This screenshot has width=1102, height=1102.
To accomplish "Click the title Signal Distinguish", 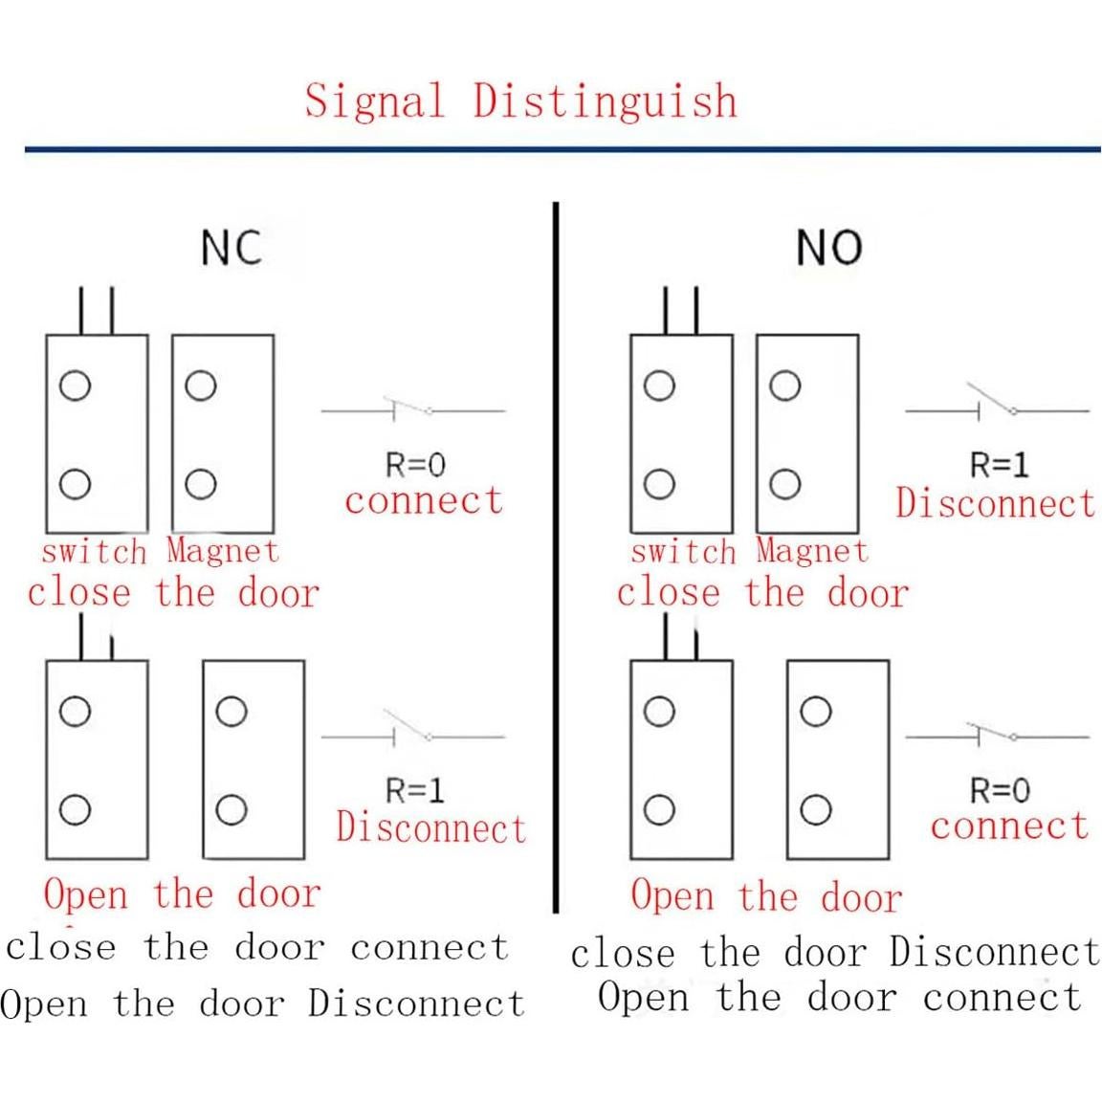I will pos(521,100).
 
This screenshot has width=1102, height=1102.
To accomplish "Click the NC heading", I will pos(231,248).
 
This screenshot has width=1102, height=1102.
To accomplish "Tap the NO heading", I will pos(828,249).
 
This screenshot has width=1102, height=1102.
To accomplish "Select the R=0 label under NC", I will pos(414,466).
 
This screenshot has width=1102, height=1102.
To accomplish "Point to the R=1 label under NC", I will pos(414,791).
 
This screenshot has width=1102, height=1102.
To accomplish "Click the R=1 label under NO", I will pos(999,466).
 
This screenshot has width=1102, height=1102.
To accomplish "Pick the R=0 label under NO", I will pos(999,791).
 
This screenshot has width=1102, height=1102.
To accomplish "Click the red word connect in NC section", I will pos(423,500).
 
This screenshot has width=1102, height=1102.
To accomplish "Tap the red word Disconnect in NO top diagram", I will pos(995,503).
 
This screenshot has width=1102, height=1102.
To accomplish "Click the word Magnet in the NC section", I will pos(222,551).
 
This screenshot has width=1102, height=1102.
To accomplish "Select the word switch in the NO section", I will pos(683,552).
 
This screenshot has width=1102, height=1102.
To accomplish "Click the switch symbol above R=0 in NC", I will pos(412,409).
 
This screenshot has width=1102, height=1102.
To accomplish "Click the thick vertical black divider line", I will pos(556,555).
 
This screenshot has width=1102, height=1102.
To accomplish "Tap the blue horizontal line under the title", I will pos(562,149).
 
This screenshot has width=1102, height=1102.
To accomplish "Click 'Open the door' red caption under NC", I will pos(182,894).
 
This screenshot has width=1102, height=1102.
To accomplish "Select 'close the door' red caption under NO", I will pos(761,593).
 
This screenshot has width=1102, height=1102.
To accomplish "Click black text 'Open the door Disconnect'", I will pos(263,1004).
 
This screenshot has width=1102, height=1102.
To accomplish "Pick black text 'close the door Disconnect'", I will pos(835,953).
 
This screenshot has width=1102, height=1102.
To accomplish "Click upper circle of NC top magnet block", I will pos(200,386).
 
